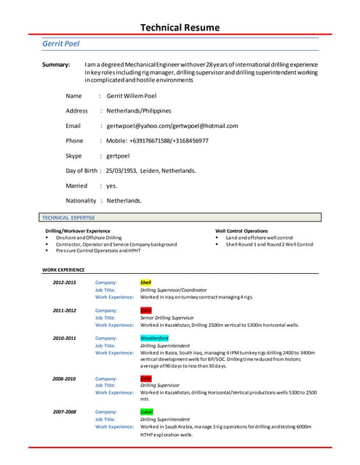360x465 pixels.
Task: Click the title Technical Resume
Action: point(180,28)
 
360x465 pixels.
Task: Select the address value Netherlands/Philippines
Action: point(139,111)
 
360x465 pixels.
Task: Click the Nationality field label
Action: point(81,201)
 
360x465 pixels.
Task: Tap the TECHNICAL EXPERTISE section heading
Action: point(69,217)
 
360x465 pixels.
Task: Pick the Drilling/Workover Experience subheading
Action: point(78,231)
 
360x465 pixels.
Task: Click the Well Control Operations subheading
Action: point(241,231)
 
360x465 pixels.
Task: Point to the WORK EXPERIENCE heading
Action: point(63,270)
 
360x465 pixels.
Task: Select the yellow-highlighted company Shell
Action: point(145,282)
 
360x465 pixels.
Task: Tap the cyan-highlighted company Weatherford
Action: point(154,339)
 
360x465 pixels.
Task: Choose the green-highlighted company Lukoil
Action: point(147,412)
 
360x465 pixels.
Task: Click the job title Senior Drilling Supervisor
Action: point(167,318)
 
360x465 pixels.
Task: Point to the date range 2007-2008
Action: point(64,412)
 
